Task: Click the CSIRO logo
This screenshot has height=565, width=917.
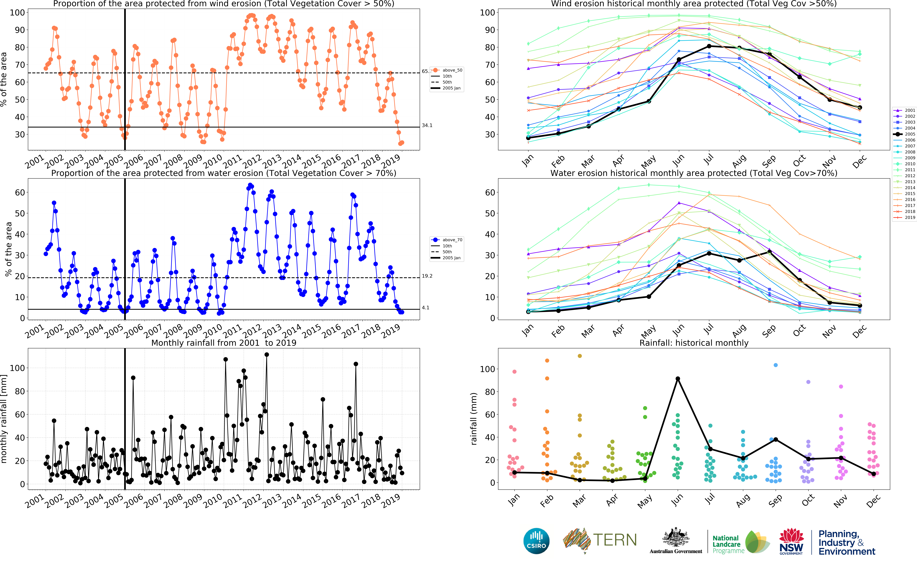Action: pos(536,541)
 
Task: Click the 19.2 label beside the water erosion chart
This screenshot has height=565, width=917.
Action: pos(427,276)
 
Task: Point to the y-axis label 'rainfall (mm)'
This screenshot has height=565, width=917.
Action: pos(474,419)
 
